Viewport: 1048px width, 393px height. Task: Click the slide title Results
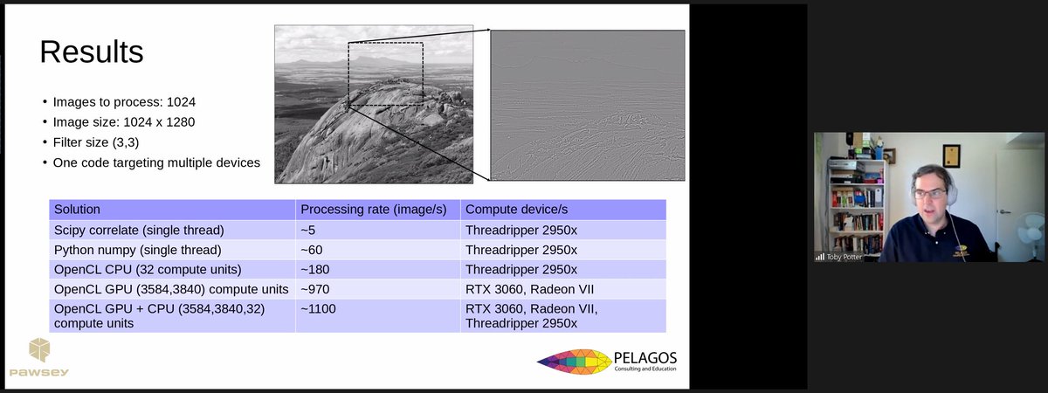click(x=92, y=52)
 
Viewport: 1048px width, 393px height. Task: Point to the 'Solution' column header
click(x=77, y=210)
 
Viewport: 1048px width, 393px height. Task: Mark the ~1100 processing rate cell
click(x=318, y=308)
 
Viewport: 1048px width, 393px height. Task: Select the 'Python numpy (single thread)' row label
click(x=134, y=250)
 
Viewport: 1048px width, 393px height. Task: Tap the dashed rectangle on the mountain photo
click(x=385, y=74)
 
